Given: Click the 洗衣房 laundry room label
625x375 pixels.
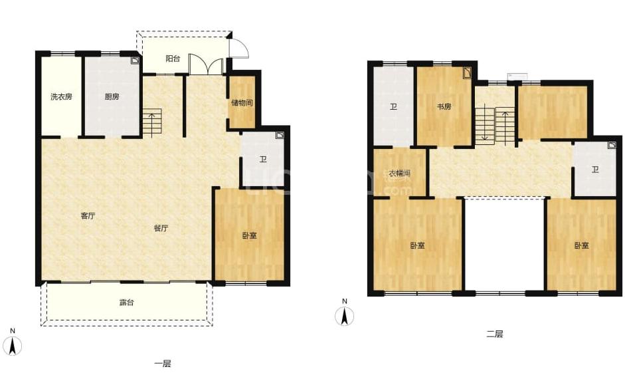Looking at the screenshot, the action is (61, 96).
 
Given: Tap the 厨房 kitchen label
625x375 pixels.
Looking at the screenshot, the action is (112, 96).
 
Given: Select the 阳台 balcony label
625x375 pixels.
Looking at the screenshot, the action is (173, 59).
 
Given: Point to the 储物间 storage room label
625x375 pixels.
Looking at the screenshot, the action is (242, 102).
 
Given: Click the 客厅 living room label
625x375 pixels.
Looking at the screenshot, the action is (88, 216).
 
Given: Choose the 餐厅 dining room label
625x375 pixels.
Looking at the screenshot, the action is (161, 228).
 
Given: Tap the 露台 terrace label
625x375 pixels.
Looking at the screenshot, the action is (127, 303).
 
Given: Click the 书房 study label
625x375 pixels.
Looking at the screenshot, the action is (444, 106).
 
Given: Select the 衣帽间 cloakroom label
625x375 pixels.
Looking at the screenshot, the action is (399, 174).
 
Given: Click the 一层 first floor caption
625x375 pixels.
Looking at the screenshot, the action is (163, 364).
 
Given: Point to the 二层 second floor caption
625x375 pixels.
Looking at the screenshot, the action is (495, 334).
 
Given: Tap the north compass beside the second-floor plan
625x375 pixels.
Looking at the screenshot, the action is (345, 313).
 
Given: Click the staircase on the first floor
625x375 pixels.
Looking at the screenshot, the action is (152, 123).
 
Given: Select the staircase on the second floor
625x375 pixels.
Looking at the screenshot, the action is (495, 124).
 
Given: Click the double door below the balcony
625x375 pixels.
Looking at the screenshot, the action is (206, 64).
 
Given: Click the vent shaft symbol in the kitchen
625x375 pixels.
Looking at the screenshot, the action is (135, 61).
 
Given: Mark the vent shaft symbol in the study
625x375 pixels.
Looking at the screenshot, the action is (467, 73).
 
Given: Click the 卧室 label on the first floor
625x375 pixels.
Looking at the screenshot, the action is (250, 235).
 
